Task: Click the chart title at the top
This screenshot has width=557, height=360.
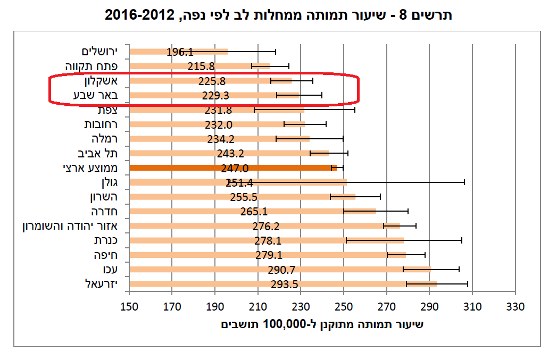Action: click(278, 14)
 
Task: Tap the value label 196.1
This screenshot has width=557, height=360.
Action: click(180, 52)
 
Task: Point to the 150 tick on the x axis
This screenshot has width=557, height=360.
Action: click(129, 307)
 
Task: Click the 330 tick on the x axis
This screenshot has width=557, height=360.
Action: click(515, 307)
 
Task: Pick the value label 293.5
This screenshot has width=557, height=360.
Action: click(284, 284)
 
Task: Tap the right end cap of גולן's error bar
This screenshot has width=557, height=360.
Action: click(464, 182)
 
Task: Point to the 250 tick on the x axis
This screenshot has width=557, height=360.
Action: click(344, 307)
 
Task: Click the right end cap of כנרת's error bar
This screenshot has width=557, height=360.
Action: click(462, 240)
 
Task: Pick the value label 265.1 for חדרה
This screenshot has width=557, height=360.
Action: click(254, 212)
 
